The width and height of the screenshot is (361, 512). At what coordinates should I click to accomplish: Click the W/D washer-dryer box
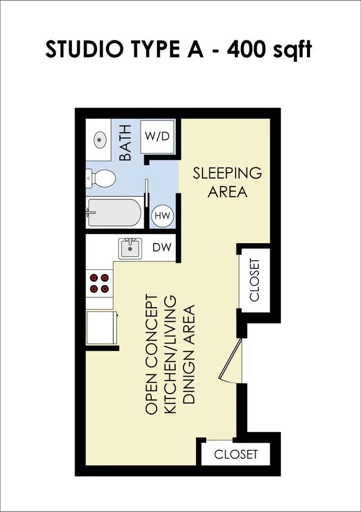coord(157,136)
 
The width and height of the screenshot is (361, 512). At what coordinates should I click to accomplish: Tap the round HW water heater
coord(162,216)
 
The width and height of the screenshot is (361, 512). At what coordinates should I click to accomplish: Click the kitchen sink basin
coord(130,248)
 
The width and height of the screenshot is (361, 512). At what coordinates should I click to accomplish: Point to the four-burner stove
coord(100,283)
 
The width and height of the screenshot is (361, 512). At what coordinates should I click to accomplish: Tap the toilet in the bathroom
coord(101,179)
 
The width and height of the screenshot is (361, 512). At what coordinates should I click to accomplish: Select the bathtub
coord(114,213)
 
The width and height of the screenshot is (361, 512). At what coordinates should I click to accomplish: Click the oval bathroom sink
coord(100,140)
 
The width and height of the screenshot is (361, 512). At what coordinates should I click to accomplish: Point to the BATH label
coord(125,143)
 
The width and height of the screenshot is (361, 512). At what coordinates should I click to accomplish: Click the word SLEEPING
coord(227,173)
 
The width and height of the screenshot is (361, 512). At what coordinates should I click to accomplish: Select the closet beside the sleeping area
coord(254,280)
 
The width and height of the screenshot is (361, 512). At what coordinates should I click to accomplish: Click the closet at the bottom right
coord(235,454)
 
